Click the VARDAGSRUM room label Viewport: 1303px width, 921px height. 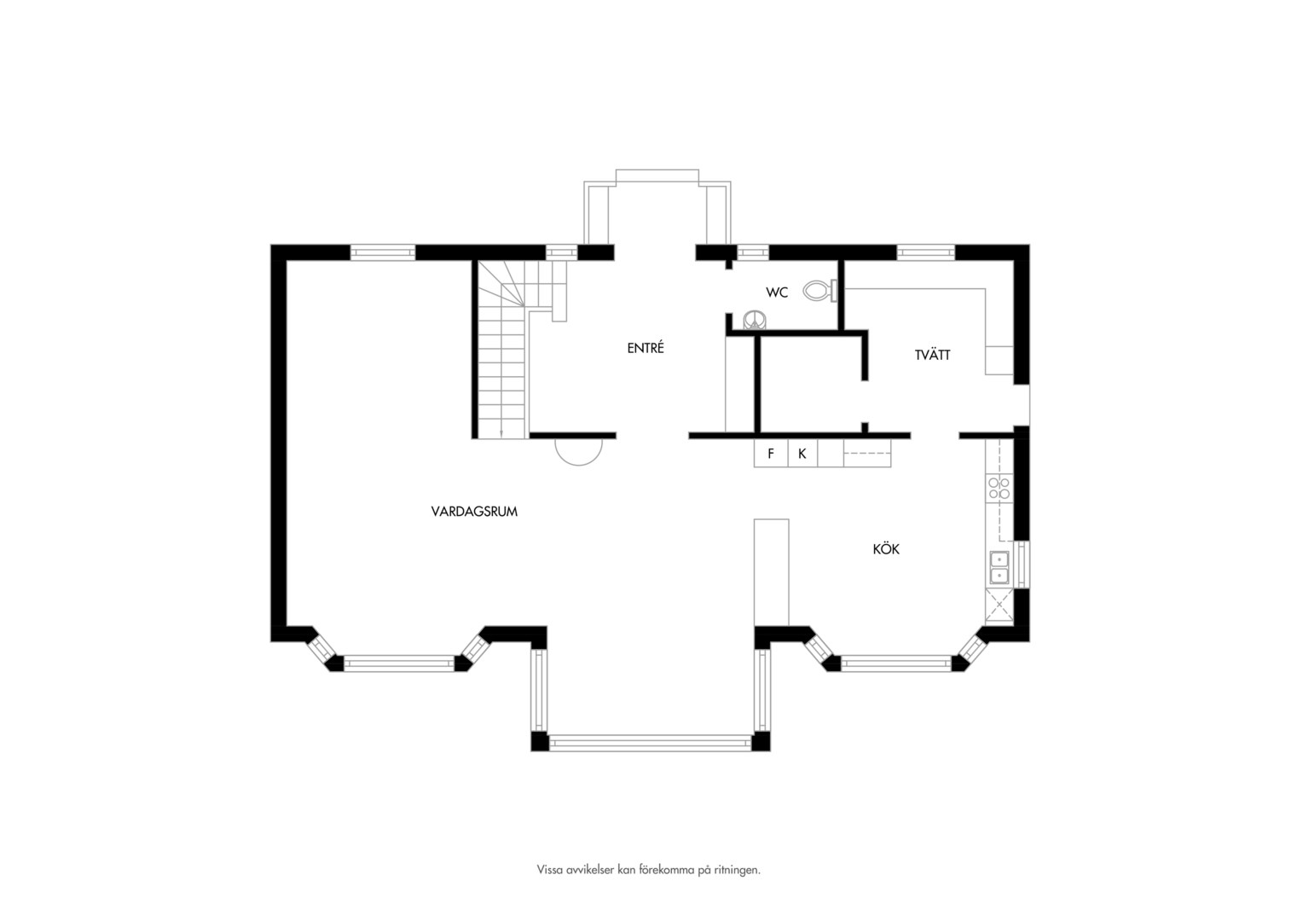point(474,512)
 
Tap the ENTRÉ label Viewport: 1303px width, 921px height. point(645,348)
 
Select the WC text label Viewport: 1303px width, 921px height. point(777,293)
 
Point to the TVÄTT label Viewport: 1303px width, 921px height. point(932,355)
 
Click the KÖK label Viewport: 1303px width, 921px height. point(886,548)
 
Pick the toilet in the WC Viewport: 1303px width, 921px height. point(820,290)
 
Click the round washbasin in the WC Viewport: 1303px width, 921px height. point(755,320)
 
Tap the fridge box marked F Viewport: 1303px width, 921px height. point(771,453)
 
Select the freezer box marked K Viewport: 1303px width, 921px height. point(802,453)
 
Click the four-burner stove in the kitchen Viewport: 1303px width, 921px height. point(999,488)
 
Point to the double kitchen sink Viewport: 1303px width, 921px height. point(999,567)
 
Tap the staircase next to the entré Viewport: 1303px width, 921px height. point(512,349)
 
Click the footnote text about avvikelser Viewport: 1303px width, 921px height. point(649,886)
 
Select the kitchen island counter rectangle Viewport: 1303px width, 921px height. point(772,572)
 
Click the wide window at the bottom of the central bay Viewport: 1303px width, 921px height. point(651,743)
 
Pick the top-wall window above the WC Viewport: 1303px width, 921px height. point(753,252)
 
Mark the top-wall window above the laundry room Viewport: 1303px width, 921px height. point(925,252)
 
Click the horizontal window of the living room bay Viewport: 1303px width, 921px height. point(399,663)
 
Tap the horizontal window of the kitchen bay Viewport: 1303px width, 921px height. point(896,663)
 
